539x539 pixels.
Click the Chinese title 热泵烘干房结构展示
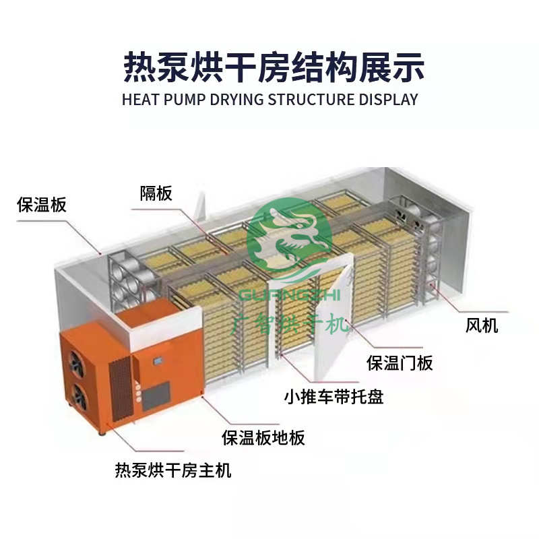274,67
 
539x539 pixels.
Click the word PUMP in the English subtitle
185,100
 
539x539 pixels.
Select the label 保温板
41,205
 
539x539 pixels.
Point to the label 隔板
156,193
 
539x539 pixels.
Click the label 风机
482,325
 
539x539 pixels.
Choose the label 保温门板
400,363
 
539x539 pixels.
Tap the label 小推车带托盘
334,397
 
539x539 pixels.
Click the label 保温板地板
263,437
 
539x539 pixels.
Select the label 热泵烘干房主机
173,470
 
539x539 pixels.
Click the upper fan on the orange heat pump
77,364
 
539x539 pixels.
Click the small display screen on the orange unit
158,361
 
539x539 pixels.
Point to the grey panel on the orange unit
156,395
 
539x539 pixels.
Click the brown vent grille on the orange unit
121,388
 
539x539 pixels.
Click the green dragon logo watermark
290,239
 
